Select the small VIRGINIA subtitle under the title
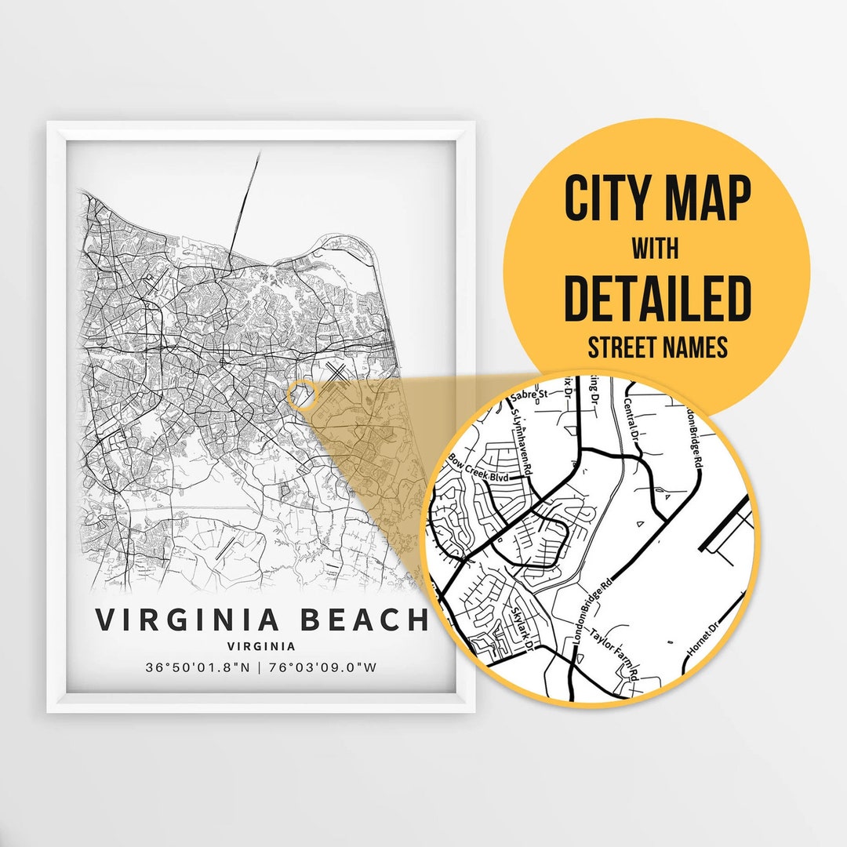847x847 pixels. click(261, 647)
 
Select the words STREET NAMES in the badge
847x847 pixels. click(657, 347)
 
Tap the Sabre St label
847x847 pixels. click(528, 396)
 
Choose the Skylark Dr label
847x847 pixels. click(522, 628)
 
